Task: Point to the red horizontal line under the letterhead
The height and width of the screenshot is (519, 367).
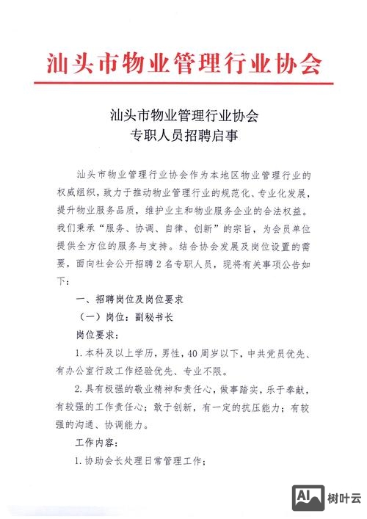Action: pyautogui.click(x=183, y=84)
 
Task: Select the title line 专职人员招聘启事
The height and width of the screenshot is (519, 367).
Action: pyautogui.click(x=184, y=137)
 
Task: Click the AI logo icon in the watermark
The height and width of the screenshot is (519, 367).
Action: pyautogui.click(x=307, y=499)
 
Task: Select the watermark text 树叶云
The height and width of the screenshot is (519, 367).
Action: pyautogui.click(x=343, y=499)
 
